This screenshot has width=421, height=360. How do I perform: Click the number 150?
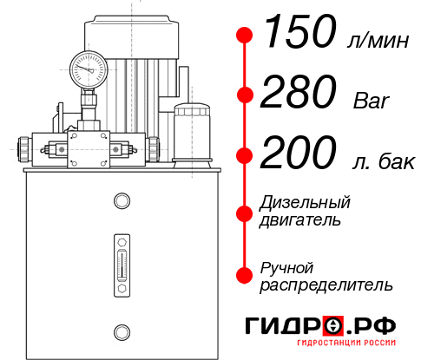coord(299,34)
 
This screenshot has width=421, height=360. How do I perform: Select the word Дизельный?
coord(306,203)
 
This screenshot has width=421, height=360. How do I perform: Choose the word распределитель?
coord(326,285)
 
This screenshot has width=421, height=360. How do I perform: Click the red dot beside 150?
coord(246,35)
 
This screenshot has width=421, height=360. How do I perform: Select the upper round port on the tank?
coord(122,201)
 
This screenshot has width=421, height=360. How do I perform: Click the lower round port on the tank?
coord(122,331)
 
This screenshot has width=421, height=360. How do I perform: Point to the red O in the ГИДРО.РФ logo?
coord(332,327)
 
